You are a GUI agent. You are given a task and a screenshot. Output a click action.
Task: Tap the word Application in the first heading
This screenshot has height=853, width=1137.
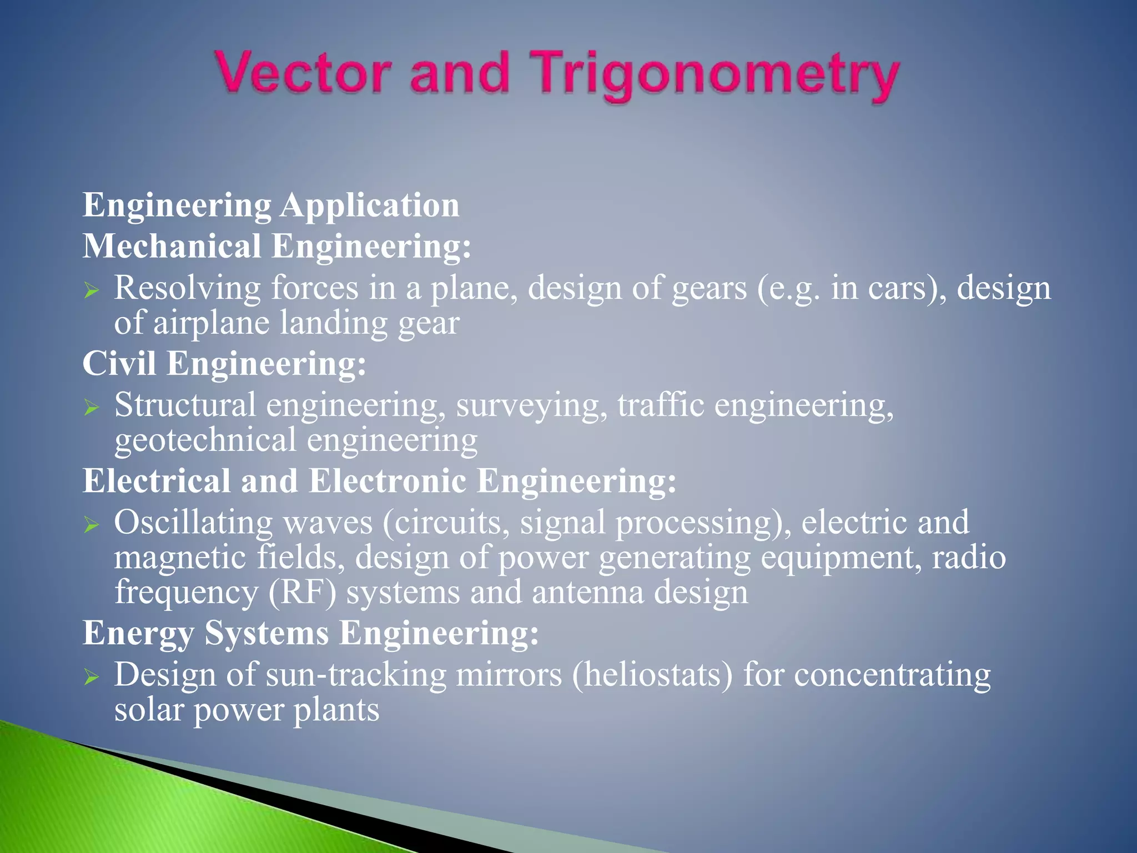point(370,205)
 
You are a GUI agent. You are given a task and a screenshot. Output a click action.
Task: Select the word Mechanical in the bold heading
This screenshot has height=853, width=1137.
point(172,246)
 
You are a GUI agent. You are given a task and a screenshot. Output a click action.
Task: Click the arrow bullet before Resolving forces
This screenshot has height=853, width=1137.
point(92,290)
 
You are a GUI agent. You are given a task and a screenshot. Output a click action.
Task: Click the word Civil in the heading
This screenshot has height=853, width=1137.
point(119,364)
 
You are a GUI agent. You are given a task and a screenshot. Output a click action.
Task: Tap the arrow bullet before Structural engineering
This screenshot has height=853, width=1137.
point(92,408)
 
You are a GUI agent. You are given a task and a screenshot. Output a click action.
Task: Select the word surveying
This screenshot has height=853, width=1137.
point(531,406)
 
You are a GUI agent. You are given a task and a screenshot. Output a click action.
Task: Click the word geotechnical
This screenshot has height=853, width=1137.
point(205,440)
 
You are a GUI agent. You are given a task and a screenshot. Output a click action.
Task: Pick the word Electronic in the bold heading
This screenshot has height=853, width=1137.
point(387,481)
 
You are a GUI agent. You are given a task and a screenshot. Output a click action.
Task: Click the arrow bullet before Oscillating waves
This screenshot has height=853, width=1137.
point(92,525)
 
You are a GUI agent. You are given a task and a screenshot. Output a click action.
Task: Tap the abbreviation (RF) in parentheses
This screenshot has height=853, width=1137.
point(302,593)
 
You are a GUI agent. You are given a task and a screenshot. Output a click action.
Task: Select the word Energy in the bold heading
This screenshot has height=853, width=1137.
point(138,634)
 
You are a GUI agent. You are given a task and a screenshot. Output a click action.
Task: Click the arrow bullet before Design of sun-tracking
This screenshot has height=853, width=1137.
point(92,678)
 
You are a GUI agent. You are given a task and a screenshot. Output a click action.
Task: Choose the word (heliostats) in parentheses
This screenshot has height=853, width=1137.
point(652,675)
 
